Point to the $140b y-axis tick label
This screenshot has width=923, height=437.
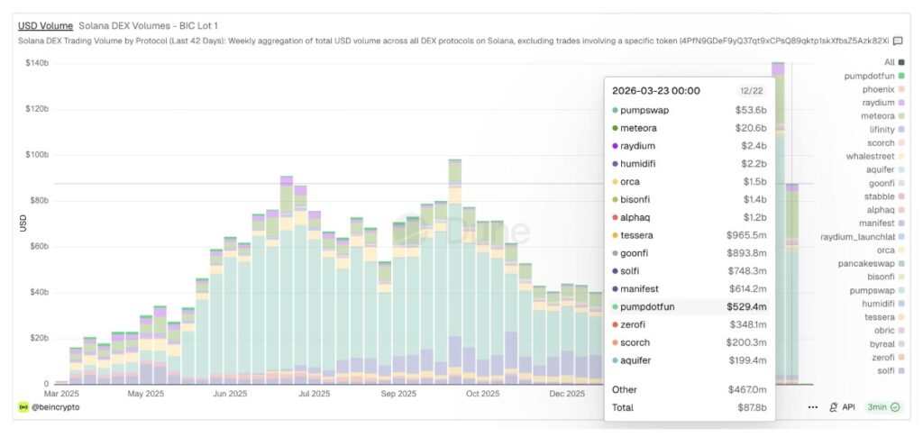tap(36, 62)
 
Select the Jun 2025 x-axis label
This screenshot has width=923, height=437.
tap(229, 394)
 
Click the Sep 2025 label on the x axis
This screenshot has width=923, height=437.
tap(398, 394)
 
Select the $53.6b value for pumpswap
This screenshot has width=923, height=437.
tap(750, 110)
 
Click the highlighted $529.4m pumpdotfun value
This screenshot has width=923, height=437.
tap(746, 306)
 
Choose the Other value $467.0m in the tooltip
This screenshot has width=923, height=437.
tap(746, 389)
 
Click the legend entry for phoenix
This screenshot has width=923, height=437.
tap(878, 89)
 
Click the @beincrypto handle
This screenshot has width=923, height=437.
tap(55, 407)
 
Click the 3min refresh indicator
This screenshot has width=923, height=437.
tap(882, 407)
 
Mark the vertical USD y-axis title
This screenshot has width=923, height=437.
tap(23, 223)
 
